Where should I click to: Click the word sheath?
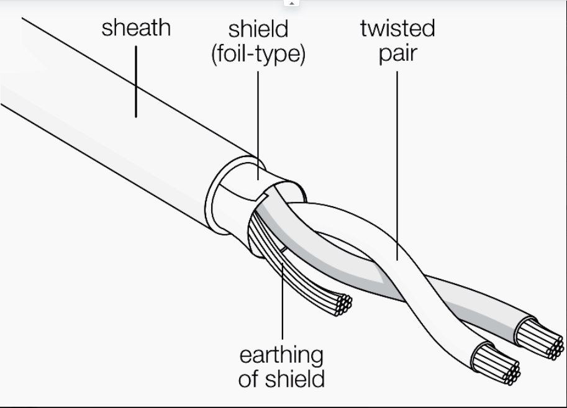point(136,28)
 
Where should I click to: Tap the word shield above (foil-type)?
point(258,29)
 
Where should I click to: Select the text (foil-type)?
point(258,54)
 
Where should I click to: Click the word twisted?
point(397,28)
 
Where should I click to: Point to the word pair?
point(398,54)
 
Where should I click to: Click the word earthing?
point(281,356)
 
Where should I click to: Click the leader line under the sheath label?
point(136,81)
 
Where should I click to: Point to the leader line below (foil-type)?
point(258,125)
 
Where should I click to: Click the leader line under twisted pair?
point(397,166)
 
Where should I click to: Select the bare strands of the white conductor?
point(496,364)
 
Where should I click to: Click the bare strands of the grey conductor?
point(540,339)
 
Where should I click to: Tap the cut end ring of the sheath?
point(217,196)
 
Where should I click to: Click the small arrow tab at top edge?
point(291,3)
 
